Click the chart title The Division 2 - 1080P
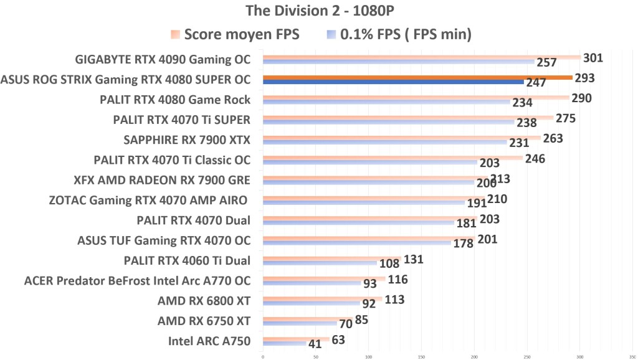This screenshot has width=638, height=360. point(318,11)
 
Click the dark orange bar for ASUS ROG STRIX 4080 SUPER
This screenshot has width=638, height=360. point(417,77)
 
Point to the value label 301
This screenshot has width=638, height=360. point(593,58)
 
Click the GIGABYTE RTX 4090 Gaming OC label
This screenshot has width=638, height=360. point(163,60)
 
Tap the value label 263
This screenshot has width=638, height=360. point(553,138)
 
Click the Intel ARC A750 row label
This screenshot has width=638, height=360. point(209,341)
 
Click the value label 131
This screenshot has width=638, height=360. point(414,259)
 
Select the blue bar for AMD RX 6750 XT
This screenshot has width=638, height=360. point(300,323)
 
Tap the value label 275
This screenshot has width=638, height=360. point(564,118)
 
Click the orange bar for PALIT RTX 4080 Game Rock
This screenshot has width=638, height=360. point(416,98)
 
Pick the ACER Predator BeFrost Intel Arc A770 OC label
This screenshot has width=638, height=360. point(137,280)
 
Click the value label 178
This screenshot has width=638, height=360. point(463,244)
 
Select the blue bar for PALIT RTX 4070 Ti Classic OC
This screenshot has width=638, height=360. point(370,163)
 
